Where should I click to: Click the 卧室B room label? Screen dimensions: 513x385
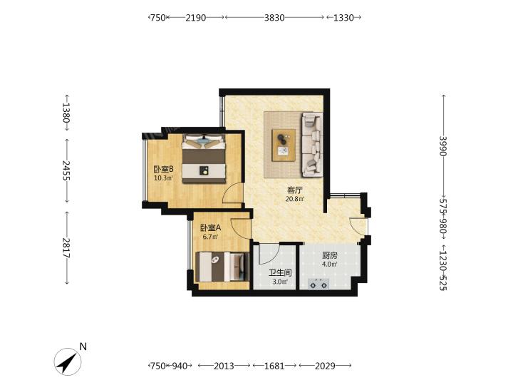(163, 169)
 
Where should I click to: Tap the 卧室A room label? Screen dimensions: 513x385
(210, 227)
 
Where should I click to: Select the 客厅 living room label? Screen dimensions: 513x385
(295, 190)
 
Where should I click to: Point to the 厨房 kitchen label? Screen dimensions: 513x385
(329, 255)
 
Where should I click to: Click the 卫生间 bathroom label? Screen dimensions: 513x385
(280, 272)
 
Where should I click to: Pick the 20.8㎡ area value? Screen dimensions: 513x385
(295, 199)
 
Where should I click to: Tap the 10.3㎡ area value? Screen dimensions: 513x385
(163, 178)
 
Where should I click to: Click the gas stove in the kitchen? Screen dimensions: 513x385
(318, 284)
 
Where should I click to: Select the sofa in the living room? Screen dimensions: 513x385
(313, 144)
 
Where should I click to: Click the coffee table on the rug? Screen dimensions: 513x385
(284, 145)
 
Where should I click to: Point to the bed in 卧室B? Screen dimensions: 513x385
(204, 158)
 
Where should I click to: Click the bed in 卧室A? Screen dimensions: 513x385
(222, 267)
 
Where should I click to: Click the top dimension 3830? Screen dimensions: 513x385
(274, 17)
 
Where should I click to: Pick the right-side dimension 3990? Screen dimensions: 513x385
(443, 146)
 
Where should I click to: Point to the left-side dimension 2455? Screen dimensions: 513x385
(66, 170)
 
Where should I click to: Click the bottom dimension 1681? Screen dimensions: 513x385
(274, 366)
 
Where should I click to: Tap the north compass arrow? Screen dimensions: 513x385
(68, 361)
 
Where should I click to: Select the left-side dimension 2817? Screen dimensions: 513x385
(66, 248)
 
